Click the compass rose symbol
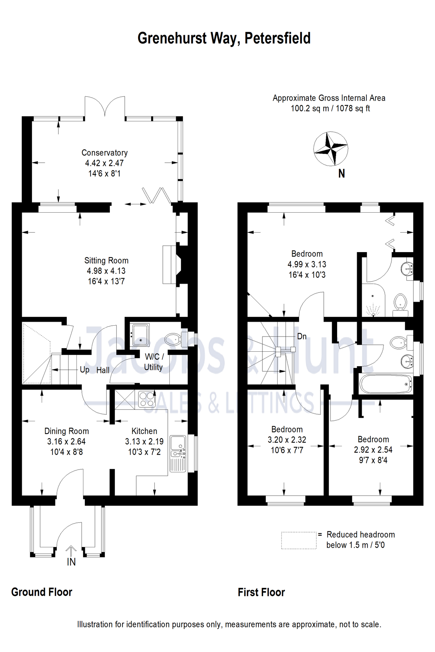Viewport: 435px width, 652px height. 331,149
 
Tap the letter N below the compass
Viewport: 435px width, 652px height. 341,174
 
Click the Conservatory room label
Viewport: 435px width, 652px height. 104,153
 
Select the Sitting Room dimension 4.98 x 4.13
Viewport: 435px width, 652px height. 106,271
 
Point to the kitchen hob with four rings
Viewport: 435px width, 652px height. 147,400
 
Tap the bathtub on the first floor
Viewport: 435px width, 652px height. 386,384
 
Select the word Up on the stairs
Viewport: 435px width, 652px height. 84,370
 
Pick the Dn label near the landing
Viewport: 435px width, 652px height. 302,337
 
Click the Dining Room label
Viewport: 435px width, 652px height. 67,431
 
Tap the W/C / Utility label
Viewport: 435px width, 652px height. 154,362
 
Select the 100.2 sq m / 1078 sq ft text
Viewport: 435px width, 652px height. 330,108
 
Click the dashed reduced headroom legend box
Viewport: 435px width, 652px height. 299,540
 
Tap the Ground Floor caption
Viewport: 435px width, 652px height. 42,592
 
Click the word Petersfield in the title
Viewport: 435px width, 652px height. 277,38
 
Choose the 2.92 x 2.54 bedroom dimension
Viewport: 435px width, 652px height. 373,450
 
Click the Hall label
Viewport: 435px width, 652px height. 103,370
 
